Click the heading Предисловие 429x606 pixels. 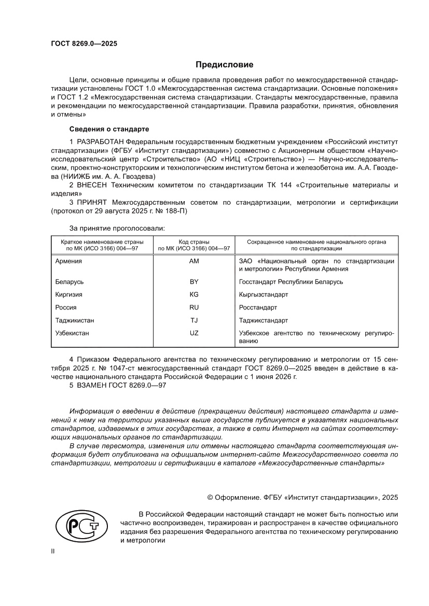pos(224,65)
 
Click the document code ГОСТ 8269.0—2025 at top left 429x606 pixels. pos(84,44)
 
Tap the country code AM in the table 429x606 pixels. pos(194,261)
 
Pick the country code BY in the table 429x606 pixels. pos(194,282)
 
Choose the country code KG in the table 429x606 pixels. pos(194,294)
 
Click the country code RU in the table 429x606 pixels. pos(194,307)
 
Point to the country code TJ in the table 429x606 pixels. pos(194,320)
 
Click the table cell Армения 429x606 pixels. pos(68,261)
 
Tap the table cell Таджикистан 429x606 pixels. pos(75,320)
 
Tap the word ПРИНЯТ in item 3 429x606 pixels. pos(91,202)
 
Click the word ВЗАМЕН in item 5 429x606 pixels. pos(92,385)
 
